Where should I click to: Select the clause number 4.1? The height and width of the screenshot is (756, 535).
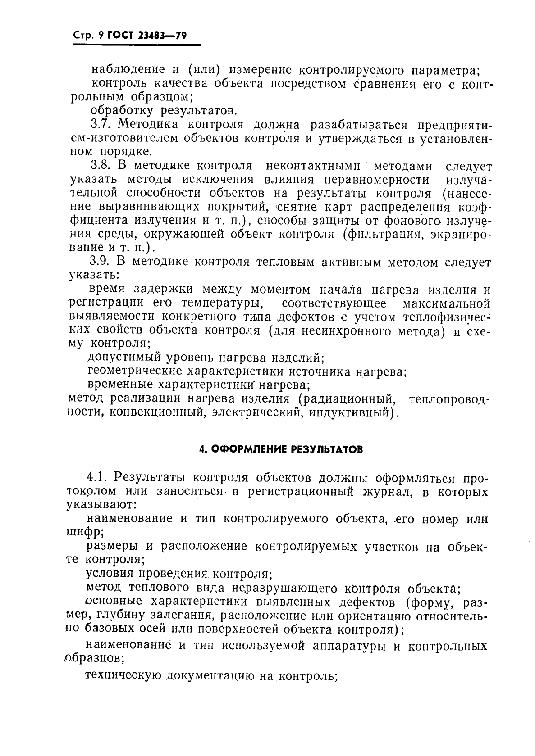click(x=98, y=477)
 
